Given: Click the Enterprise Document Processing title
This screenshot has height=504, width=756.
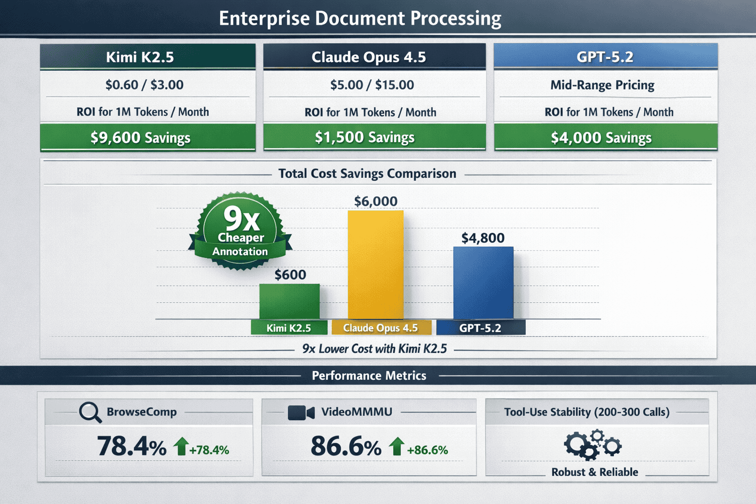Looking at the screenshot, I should click(x=360, y=18).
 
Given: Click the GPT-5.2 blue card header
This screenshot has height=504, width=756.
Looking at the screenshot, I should click(x=605, y=57).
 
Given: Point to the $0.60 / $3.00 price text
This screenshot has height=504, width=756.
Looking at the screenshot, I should click(x=144, y=85).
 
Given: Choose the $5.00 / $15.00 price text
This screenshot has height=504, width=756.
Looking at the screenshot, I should click(x=372, y=85).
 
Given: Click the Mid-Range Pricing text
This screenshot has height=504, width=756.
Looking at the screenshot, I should click(x=602, y=85).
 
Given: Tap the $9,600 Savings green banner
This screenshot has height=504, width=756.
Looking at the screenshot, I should click(x=148, y=137).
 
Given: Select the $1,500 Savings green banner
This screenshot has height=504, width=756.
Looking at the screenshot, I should click(x=374, y=137).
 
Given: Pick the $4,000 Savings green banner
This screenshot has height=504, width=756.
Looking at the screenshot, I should click(x=605, y=137).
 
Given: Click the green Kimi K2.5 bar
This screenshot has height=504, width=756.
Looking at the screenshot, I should click(x=289, y=301).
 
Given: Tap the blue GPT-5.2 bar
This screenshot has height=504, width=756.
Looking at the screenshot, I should click(x=483, y=283).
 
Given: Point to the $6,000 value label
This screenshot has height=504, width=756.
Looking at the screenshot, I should click(x=376, y=201).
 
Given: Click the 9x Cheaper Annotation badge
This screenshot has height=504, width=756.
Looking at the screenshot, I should click(x=240, y=230).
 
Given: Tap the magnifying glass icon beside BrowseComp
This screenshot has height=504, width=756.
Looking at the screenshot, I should click(x=90, y=412).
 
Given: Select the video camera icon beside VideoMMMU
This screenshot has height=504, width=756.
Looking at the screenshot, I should click(x=301, y=412).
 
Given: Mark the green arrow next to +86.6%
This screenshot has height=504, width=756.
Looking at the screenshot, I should click(x=396, y=446).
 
